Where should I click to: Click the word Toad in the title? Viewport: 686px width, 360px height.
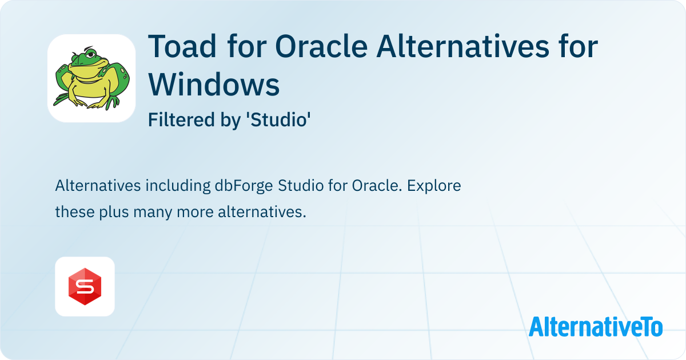[182, 46]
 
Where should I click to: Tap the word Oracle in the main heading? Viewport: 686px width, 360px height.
[321, 46]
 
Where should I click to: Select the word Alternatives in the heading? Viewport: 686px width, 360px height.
[463, 46]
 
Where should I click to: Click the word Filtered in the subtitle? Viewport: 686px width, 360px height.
[182, 119]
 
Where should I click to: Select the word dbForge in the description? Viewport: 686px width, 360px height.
[244, 186]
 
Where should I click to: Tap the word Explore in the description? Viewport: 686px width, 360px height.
[434, 186]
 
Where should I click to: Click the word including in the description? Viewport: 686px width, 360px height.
[178, 186]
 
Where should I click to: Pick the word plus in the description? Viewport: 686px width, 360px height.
[114, 212]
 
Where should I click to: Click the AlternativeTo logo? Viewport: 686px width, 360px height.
[596, 327]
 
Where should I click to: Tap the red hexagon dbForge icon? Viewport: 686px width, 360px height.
[85, 286]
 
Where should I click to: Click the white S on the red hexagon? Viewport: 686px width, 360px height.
[85, 287]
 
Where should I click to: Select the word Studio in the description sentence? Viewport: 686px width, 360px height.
[301, 186]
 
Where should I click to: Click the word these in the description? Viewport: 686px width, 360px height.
[75, 212]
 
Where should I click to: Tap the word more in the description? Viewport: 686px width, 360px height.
[195, 213]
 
